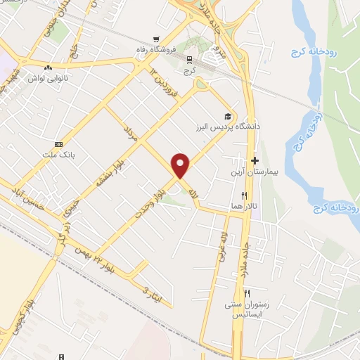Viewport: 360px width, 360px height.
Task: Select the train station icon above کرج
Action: click(x=188, y=59)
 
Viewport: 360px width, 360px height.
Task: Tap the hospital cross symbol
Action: click(x=255, y=161)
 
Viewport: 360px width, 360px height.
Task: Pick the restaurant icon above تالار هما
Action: click(x=244, y=195)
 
